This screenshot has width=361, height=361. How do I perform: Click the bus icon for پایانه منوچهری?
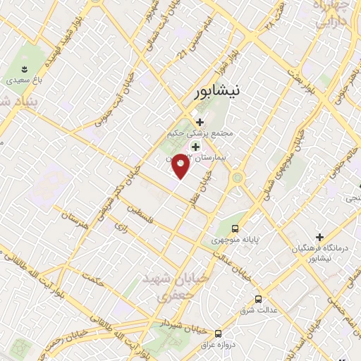point(235,228)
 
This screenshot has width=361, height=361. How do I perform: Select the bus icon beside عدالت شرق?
point(259,299)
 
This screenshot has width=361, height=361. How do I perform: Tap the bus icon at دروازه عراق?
point(218,332)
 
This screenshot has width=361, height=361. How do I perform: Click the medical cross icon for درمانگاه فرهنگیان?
point(319,237)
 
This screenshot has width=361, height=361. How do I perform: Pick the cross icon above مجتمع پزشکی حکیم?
point(200,121)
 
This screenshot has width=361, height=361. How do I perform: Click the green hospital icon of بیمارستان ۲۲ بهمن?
point(195,146)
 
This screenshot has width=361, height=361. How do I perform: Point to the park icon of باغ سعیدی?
point(25,69)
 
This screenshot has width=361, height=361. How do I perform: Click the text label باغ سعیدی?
point(25,81)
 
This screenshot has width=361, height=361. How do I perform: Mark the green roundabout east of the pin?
point(237,177)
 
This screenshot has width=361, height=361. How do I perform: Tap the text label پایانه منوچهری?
point(235,240)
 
